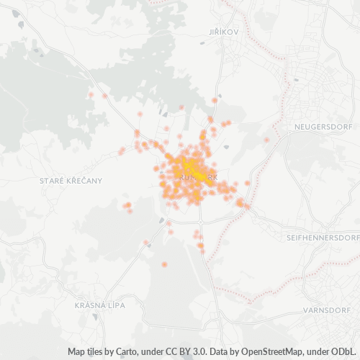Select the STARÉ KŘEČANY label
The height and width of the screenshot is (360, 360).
pos(71,180)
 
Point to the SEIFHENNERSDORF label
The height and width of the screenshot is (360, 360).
pos(323,237)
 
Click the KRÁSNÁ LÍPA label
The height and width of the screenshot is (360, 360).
pos(99,305)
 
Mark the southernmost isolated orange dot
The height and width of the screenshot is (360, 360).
pos(165,265)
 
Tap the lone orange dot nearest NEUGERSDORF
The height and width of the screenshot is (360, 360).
pos(266,140)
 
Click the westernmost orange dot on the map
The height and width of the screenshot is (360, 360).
pos(91,94)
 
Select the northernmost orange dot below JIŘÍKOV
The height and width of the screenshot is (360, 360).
pos(215,100)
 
